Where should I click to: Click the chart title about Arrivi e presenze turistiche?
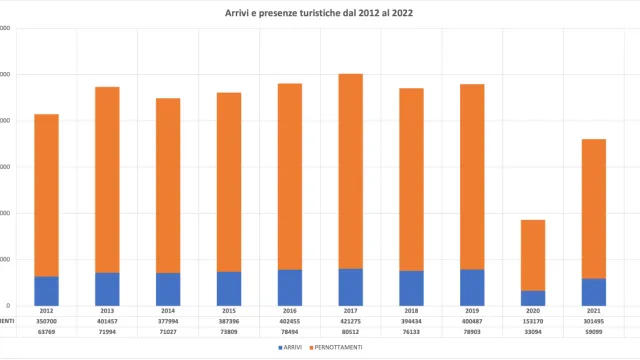point(320,14)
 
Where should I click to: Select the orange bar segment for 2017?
point(351,170)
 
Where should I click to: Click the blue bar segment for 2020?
point(533,298)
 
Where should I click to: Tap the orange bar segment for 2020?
point(533,255)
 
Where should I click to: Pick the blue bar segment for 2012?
point(47,291)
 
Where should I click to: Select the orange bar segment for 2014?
point(168,185)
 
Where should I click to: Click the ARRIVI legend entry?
point(290,347)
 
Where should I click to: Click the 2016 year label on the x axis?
point(290,311)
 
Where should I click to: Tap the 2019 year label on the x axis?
point(472,311)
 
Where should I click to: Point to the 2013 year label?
point(108,311)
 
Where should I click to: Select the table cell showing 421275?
point(351,321)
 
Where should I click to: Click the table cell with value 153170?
point(533,321)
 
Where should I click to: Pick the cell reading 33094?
point(533,331)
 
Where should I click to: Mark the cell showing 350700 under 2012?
point(47,321)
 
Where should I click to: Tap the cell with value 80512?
point(351,331)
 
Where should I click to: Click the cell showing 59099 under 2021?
point(594,331)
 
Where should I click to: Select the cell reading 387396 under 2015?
point(229,321)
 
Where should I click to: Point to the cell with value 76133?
point(412,331)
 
